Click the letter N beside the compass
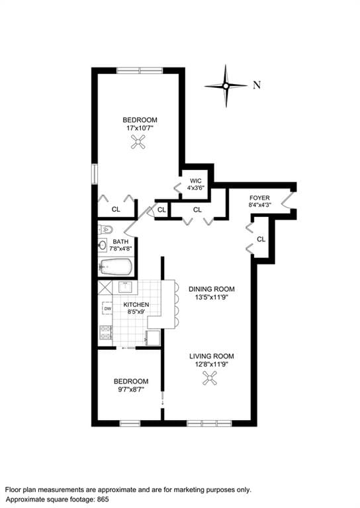tap(257, 85)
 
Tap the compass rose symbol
tap(226, 85)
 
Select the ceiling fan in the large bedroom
tap(139, 142)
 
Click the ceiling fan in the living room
tap(210, 378)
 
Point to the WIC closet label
tap(196, 181)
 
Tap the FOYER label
tap(259, 198)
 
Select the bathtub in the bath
tap(115, 267)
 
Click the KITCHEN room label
tap(136, 305)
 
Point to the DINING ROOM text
tap(211, 289)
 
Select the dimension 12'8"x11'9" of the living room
tap(211, 364)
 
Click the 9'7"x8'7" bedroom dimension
tap(130, 390)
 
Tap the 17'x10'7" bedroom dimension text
tap(140, 128)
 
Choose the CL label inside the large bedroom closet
tap(116, 210)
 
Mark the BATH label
tap(120, 241)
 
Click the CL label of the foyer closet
tap(261, 239)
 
